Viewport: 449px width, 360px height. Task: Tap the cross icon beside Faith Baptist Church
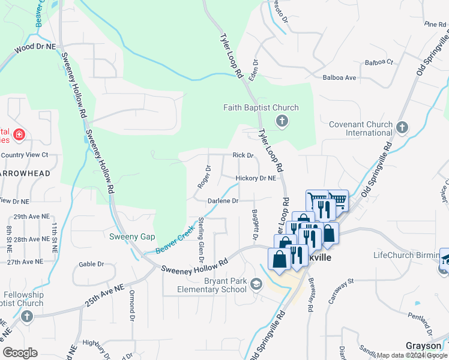coord(282,122)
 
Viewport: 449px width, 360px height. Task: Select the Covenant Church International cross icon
coord(402,127)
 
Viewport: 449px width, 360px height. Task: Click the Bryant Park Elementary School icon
coord(256,283)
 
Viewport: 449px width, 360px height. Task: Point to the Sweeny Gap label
coord(132,236)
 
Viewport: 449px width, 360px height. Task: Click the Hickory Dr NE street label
coord(256,178)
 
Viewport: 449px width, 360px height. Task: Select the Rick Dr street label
coord(243,155)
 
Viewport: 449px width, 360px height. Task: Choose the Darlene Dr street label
coord(223,201)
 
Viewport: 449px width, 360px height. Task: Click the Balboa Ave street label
coord(339,77)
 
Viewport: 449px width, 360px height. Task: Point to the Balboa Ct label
coord(379,62)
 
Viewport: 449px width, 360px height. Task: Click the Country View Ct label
coord(24,155)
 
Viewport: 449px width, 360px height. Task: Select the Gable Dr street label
coord(91,264)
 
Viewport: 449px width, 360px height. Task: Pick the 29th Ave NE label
coord(28,216)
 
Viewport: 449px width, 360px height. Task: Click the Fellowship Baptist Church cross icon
coord(26,316)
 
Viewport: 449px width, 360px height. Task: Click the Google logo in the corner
coord(20,352)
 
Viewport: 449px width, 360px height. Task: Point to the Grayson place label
coord(424,346)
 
